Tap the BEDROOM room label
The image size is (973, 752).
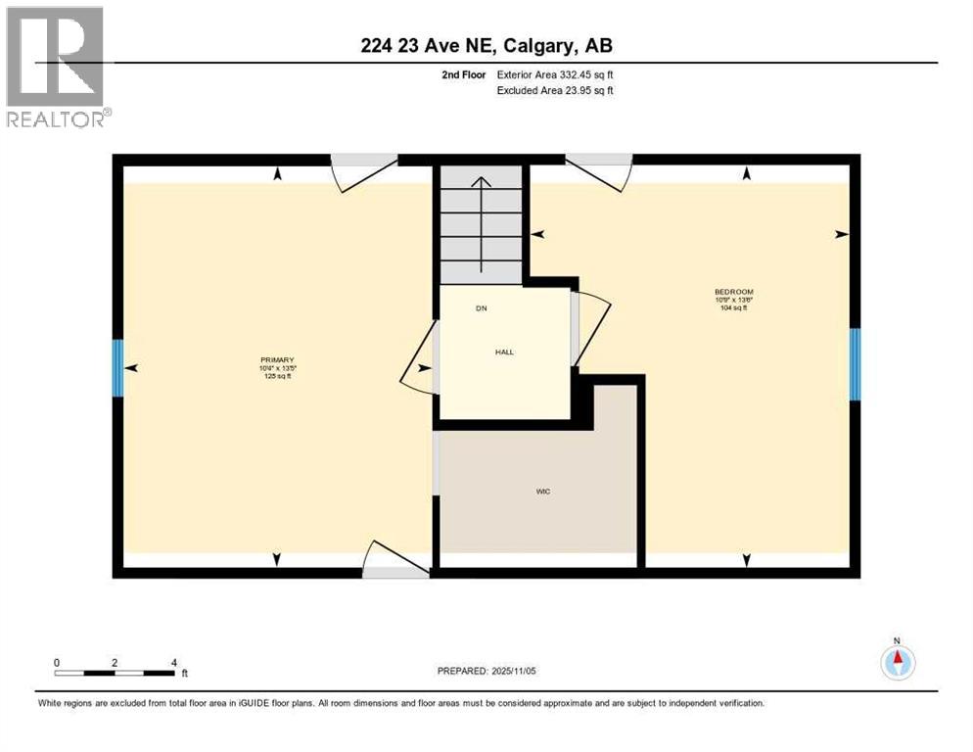pos(733,292)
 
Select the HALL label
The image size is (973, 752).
pos(504,352)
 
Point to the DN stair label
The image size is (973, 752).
pos(481,308)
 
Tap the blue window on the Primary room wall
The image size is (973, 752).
pos(118,367)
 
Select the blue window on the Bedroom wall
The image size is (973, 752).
pos(854,364)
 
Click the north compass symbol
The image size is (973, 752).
pos(897,663)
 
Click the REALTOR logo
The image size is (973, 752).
pos(56,67)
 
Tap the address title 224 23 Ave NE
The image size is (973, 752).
pos(486,45)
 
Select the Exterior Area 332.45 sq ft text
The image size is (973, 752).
pos(555,74)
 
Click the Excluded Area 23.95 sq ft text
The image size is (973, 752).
pos(556,91)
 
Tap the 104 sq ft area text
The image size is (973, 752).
pos(733,308)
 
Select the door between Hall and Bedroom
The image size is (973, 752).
pos(589,328)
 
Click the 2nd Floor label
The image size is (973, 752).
pos(465,74)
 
